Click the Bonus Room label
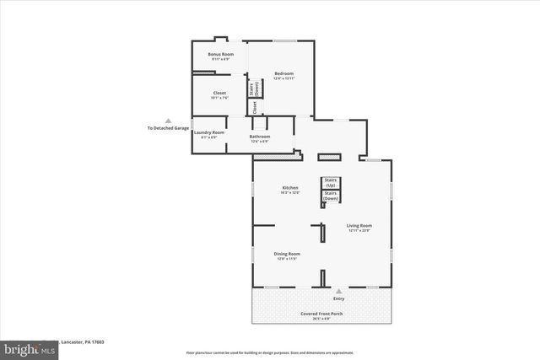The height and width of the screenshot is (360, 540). tap(221, 55)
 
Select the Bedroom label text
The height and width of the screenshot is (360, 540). tap(283, 74)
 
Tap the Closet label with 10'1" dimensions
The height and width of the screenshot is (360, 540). tap(219, 93)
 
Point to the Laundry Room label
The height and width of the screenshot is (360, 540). tap(208, 132)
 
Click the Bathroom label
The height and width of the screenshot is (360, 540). tap(259, 137)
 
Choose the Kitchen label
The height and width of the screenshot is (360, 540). tap(290, 187)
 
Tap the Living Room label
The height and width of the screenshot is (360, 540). tap(359, 225)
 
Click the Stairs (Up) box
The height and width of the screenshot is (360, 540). tap(331, 183)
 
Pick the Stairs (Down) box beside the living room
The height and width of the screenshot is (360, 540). tap(331, 196)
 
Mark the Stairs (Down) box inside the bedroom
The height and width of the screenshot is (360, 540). tap(252, 88)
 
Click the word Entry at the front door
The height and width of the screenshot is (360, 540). tap(339, 298)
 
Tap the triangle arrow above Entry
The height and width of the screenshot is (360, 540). tap(339, 290)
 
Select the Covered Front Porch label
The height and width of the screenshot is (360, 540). tap(321, 314)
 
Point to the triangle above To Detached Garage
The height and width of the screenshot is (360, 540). tap(168, 121)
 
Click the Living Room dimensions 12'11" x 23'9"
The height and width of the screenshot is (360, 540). tap(359, 230)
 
